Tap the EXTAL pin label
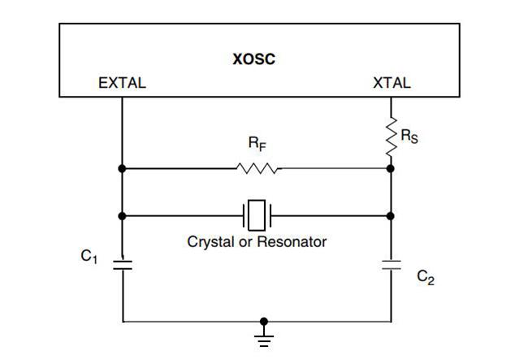click(x=122, y=83)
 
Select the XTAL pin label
click(x=391, y=83)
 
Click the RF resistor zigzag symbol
click(x=258, y=169)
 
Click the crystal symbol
click(x=257, y=216)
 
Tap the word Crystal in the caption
click(x=210, y=242)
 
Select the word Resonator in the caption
click(x=292, y=242)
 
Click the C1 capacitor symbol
click(x=122, y=265)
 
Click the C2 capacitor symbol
click(x=391, y=265)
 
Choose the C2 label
click(x=426, y=277)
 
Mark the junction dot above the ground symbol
click(x=263, y=321)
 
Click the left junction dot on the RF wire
click(x=122, y=169)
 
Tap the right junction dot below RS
click(x=391, y=169)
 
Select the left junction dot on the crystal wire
click(x=122, y=216)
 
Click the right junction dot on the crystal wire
click(x=391, y=216)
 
